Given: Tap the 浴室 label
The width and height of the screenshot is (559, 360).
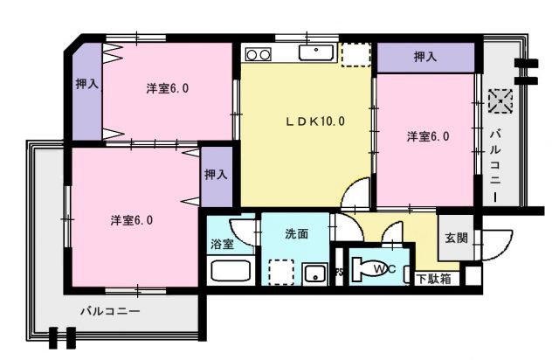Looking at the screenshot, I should [222, 246].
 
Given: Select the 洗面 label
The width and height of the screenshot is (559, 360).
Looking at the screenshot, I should [296, 233].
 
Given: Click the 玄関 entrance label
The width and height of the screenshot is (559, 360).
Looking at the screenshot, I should [456, 237].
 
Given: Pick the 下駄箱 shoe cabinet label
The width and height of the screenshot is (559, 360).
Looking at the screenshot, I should [433, 280].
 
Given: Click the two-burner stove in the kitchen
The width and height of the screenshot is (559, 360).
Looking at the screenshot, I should [259, 54].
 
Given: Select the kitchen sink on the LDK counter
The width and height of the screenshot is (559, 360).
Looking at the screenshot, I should [314, 53].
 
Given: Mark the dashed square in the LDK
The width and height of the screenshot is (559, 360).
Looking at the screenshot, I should [355, 54].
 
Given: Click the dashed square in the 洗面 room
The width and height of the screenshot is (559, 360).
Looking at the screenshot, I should [281, 272].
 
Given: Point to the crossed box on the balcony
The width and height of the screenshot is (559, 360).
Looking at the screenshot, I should [500, 100].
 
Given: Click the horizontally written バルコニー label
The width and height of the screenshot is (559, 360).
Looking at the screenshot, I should [110, 310].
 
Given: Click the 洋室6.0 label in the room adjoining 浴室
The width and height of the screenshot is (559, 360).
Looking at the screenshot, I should [133, 220].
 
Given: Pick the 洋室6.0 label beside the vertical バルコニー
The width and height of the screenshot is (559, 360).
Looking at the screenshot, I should [428, 136].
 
